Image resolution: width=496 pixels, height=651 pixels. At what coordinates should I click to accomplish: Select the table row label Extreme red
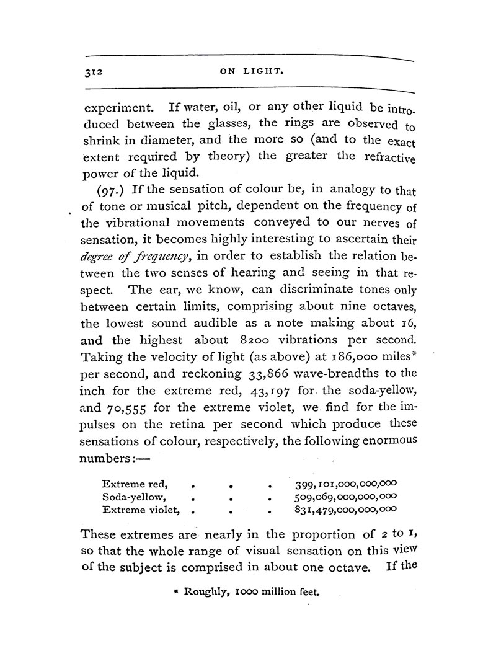tap(132, 482)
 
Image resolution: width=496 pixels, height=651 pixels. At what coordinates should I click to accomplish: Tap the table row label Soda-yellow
tap(133, 496)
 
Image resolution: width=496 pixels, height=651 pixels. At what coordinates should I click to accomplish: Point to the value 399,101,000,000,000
tap(342, 482)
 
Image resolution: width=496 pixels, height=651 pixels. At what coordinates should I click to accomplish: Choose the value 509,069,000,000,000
tap(343, 496)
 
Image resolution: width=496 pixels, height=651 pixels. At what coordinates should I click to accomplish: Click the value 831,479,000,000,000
tap(343, 510)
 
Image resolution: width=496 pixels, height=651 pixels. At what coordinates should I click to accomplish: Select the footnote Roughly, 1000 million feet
tap(247, 592)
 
